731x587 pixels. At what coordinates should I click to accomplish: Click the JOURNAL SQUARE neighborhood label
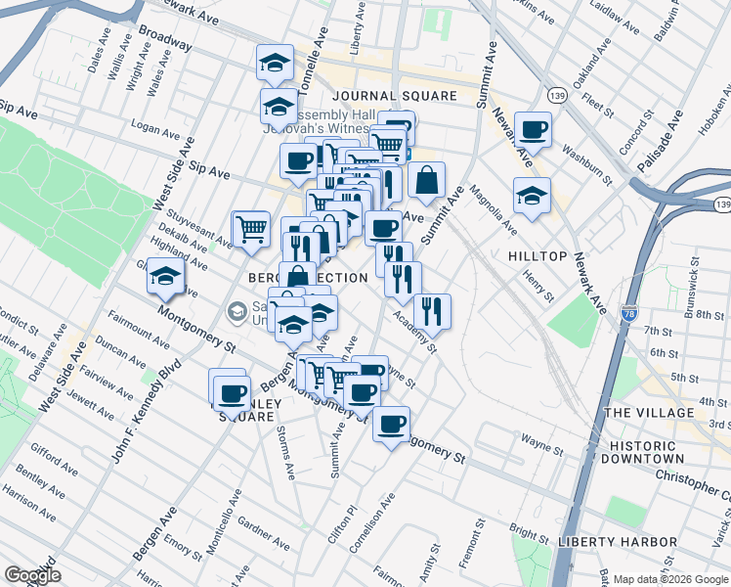pyautogui.click(x=394, y=96)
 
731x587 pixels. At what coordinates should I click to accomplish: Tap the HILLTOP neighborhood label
pyautogui.click(x=537, y=255)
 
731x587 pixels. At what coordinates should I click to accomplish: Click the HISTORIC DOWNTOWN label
pyautogui.click(x=657, y=452)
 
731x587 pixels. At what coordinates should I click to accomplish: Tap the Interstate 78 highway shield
pyautogui.click(x=628, y=315)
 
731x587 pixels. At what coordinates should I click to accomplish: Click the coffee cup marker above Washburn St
pyautogui.click(x=533, y=129)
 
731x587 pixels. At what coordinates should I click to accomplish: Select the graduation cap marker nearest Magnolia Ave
pyautogui.click(x=531, y=196)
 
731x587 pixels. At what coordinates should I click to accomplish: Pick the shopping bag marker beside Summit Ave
pyautogui.click(x=427, y=181)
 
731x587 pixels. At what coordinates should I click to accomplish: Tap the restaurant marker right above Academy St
pyautogui.click(x=432, y=312)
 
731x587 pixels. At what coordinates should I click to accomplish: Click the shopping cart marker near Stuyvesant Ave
pyautogui.click(x=251, y=229)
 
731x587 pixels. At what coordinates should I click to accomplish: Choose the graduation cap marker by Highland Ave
pyautogui.click(x=165, y=277)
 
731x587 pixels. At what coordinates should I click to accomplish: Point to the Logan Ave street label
pyautogui.click(x=158, y=127)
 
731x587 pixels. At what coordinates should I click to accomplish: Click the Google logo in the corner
pyautogui.click(x=32, y=576)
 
